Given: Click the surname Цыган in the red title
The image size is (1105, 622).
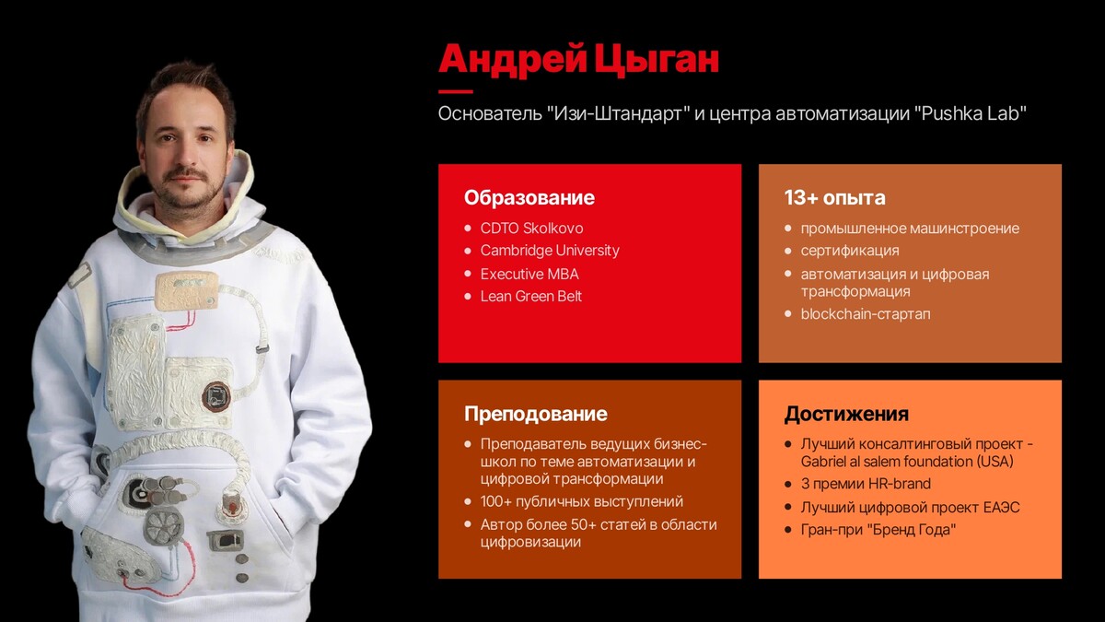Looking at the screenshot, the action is (x=657, y=60).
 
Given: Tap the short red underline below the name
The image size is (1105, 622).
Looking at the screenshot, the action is (x=455, y=91).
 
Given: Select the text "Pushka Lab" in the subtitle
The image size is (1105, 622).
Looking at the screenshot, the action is (x=971, y=113).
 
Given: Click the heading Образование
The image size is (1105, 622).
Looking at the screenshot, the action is (x=529, y=198).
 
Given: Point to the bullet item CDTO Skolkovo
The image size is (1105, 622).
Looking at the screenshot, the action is (x=532, y=229).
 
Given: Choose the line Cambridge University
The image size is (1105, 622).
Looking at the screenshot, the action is (x=550, y=251).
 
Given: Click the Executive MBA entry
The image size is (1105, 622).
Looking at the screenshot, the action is (x=529, y=274).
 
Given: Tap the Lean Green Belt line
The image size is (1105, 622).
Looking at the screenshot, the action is (x=530, y=296).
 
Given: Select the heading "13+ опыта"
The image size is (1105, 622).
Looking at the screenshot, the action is (x=834, y=198).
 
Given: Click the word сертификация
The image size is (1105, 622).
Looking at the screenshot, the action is (x=849, y=251).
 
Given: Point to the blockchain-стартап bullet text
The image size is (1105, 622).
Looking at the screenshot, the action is (x=866, y=314).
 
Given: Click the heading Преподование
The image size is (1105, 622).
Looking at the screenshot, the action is (x=536, y=414).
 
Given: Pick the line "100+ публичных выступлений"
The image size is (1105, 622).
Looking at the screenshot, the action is (x=582, y=501).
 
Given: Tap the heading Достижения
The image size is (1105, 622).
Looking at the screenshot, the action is (x=846, y=414).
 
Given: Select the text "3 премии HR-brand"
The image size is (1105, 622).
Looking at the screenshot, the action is (x=866, y=484).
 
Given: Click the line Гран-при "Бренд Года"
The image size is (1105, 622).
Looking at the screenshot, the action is (x=878, y=530).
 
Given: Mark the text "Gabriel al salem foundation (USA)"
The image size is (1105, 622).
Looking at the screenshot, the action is (x=907, y=462).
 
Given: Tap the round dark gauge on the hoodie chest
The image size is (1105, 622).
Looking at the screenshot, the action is (x=216, y=396).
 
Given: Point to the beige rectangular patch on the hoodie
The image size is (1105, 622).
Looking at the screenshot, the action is (x=187, y=291).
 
